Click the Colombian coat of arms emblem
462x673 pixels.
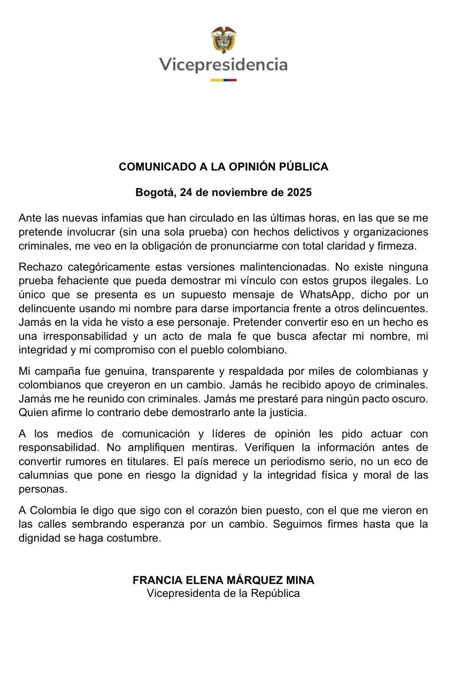pyautogui.click(x=223, y=40)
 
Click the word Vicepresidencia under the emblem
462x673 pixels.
pyautogui.click(x=223, y=65)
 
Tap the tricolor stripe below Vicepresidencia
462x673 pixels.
pyautogui.click(x=223, y=80)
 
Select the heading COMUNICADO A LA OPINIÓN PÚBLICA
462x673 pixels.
pyautogui.click(x=223, y=167)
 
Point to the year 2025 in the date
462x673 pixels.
pyautogui.click(x=299, y=193)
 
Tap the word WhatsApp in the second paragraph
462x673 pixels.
pyautogui.click(x=325, y=295)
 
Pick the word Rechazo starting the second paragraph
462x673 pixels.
pyautogui.click(x=40, y=267)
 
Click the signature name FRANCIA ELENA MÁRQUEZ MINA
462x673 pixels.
pyautogui.click(x=223, y=580)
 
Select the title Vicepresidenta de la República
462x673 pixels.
pyautogui.click(x=223, y=594)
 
